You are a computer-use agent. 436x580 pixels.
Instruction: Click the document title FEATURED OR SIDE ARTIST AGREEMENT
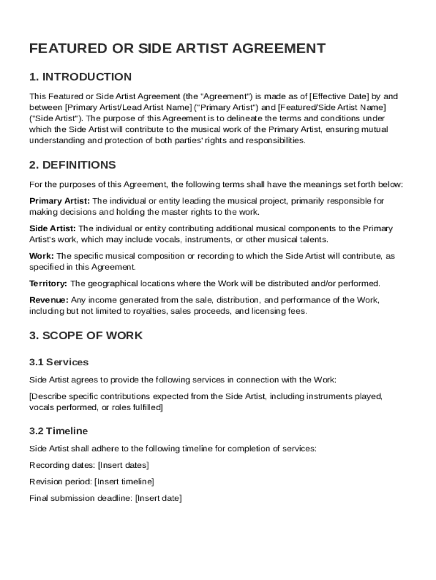click(x=177, y=49)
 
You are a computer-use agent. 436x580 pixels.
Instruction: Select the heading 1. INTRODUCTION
click(x=80, y=77)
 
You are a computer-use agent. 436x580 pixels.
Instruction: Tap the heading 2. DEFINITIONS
click(x=72, y=165)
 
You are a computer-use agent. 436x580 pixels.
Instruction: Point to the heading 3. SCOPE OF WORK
click(x=86, y=335)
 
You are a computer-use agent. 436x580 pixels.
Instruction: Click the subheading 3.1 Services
click(x=59, y=362)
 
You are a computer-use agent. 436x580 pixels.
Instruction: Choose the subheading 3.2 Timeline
click(x=58, y=431)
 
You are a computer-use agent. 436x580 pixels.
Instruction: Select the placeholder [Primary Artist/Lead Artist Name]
click(x=127, y=107)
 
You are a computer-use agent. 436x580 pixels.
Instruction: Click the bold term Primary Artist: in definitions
click(x=59, y=201)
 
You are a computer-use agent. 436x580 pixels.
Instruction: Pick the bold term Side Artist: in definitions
click(x=53, y=229)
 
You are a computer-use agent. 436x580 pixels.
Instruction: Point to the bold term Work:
click(x=42, y=256)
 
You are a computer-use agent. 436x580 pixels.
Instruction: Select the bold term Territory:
click(x=48, y=284)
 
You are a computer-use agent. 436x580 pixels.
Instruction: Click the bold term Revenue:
click(x=49, y=300)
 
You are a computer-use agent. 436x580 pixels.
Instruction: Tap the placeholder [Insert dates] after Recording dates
click(x=123, y=466)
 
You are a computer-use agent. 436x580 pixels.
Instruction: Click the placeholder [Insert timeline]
click(x=124, y=482)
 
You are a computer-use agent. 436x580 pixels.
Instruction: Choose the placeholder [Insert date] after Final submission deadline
click(x=159, y=498)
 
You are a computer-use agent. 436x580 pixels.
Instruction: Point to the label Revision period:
click(x=60, y=482)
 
